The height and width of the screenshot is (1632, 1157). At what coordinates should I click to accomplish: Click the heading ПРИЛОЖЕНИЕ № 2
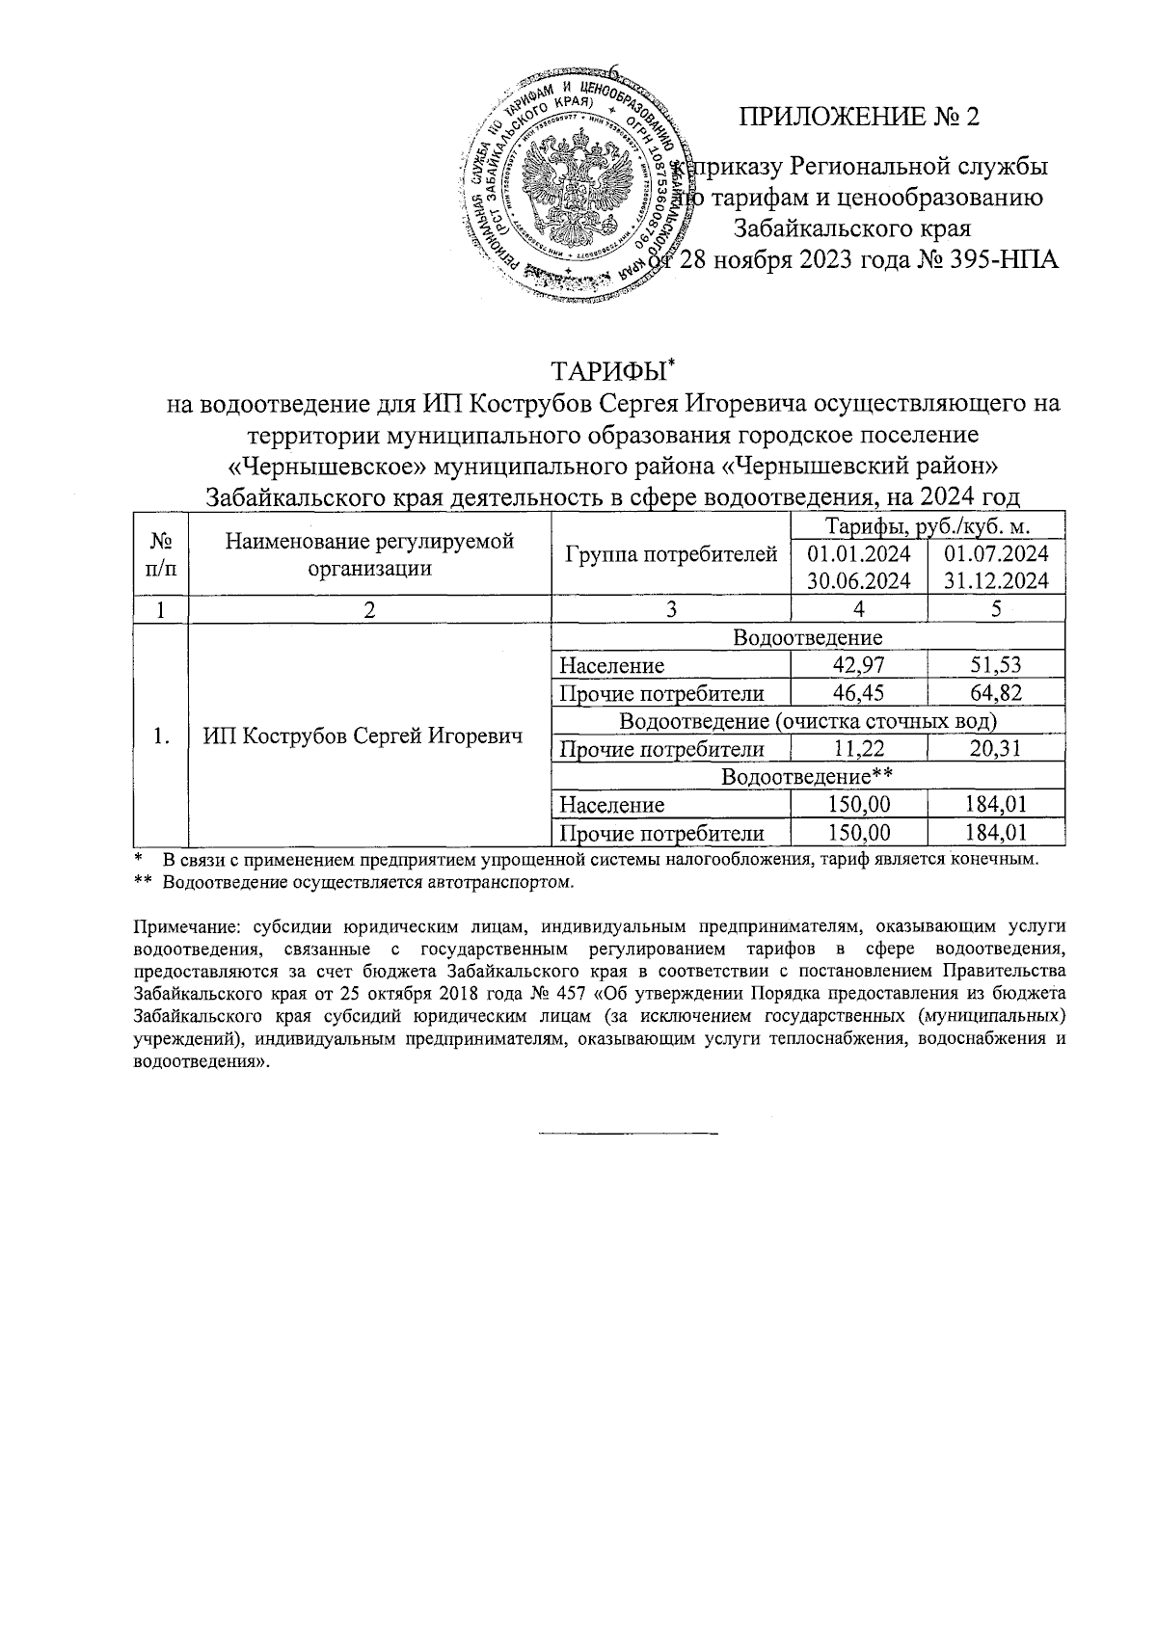858,118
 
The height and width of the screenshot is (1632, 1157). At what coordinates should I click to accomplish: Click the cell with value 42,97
858,665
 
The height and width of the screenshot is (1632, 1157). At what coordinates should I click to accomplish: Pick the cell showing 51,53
996,665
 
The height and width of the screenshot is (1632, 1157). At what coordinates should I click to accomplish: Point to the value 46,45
858,693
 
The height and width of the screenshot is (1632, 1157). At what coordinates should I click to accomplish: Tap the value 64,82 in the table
996,693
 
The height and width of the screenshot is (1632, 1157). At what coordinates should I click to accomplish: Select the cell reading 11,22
858,749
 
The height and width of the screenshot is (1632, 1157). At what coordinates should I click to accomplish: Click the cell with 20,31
996,749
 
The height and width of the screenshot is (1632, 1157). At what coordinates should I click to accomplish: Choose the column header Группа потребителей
670,554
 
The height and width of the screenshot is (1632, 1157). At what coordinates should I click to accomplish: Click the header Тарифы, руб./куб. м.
927,525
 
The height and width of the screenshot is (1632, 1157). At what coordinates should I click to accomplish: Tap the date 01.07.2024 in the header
996,554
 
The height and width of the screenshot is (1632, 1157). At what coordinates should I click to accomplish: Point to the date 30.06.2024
858,581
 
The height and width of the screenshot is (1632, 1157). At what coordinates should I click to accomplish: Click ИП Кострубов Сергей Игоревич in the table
363,736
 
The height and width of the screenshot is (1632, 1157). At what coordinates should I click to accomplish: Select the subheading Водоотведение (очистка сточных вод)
806,721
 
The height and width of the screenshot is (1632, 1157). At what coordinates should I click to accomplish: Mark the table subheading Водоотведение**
806,776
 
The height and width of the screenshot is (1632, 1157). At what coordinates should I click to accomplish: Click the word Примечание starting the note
178,926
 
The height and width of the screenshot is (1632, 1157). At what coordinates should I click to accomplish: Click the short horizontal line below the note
628,1131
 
